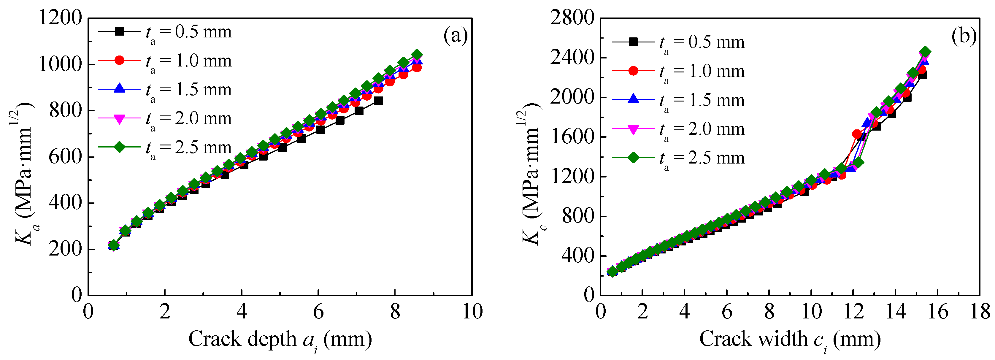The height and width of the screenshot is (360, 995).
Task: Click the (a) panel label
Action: pyautogui.click(x=456, y=36)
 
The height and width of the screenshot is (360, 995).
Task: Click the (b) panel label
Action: pyautogui.click(x=964, y=36)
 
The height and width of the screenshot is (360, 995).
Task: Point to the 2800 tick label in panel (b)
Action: pyautogui.click(x=572, y=18)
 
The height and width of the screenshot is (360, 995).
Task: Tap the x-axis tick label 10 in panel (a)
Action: pyautogui.click(x=472, y=311)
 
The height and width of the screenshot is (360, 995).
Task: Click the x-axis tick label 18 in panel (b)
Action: pyautogui.click(x=980, y=311)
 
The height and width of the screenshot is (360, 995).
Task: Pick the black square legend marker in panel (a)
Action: pyautogui.click(x=120, y=31)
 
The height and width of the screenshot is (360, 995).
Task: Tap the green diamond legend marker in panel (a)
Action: pyautogui.click(x=120, y=147)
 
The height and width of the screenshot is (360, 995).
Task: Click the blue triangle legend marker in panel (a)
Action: pyautogui.click(x=120, y=89)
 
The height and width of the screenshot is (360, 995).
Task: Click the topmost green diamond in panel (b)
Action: pyautogui.click(x=925, y=52)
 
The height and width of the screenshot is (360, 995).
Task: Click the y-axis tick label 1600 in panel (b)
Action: pyautogui.click(x=572, y=137)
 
